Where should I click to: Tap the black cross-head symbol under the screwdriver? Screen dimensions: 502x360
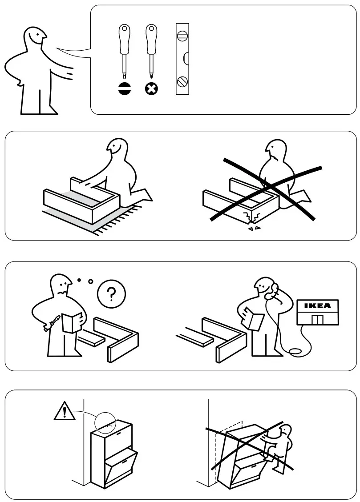(x=151, y=88)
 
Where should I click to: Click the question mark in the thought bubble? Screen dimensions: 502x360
(x=111, y=293)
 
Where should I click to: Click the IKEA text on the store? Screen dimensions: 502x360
(x=317, y=306)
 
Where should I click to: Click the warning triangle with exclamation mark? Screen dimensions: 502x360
(x=65, y=411)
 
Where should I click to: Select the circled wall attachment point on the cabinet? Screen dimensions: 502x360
(x=105, y=421)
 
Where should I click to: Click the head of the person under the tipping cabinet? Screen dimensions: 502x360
(x=284, y=431)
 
